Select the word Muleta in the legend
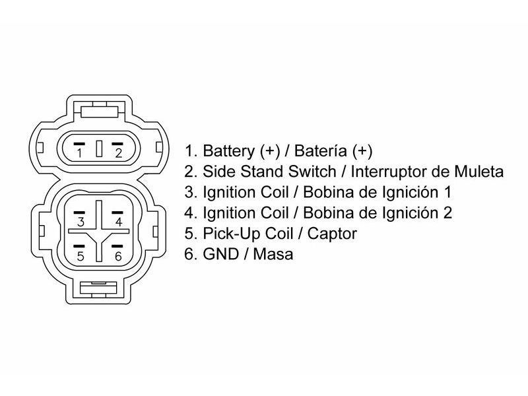pyautogui.click(x=481, y=172)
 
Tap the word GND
pyautogui.click(x=219, y=254)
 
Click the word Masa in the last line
pyautogui.click(x=273, y=254)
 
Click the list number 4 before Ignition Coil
pyautogui.click(x=189, y=213)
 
